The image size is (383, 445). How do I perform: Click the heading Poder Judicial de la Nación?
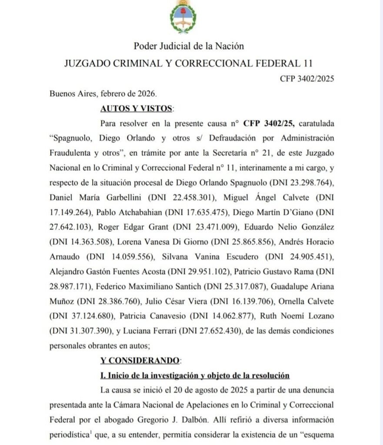(x=189, y=46)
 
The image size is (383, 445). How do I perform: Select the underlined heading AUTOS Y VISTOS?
(x=136, y=108)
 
